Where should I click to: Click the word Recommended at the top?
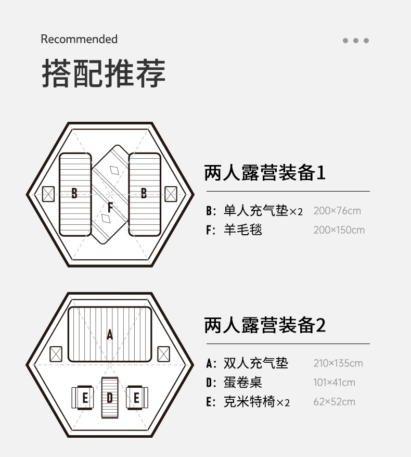coord(79,39)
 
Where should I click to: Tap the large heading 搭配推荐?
coord(103,74)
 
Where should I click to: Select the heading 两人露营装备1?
coord(265,172)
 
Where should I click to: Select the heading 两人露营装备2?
coord(265,325)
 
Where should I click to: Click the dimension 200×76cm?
coord(337,211)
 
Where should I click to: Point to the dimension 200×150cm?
coord(339,230)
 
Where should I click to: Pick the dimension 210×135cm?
coord(338,363)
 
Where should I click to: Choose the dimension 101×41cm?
coord(334,383)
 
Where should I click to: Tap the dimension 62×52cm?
coord(334,402)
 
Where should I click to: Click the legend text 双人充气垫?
coord(255,363)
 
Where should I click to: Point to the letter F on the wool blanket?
coord(110,207)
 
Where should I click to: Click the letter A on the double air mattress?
coord(110,335)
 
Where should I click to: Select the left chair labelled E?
coord(84,398)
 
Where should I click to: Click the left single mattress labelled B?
coord(75,194)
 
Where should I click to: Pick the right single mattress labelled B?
coord(144,194)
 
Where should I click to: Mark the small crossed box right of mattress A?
coord(163,354)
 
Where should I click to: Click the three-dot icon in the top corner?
coord(356,41)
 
